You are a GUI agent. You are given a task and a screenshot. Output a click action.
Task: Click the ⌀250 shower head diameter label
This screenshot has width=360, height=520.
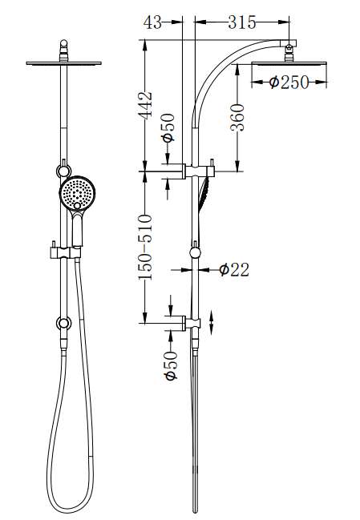click(x=289, y=82)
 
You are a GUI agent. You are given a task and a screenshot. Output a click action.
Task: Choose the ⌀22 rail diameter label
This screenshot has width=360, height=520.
click(x=234, y=270)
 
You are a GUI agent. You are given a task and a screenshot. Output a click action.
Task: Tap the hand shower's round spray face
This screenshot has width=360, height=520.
click(x=77, y=193)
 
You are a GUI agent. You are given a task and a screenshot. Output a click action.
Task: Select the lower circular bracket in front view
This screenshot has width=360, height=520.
click(x=63, y=324)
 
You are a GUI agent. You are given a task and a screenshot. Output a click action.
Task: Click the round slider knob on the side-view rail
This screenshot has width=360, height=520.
click(x=194, y=253)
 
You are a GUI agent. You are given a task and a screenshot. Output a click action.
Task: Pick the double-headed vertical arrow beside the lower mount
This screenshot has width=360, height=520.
click(x=211, y=324)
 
